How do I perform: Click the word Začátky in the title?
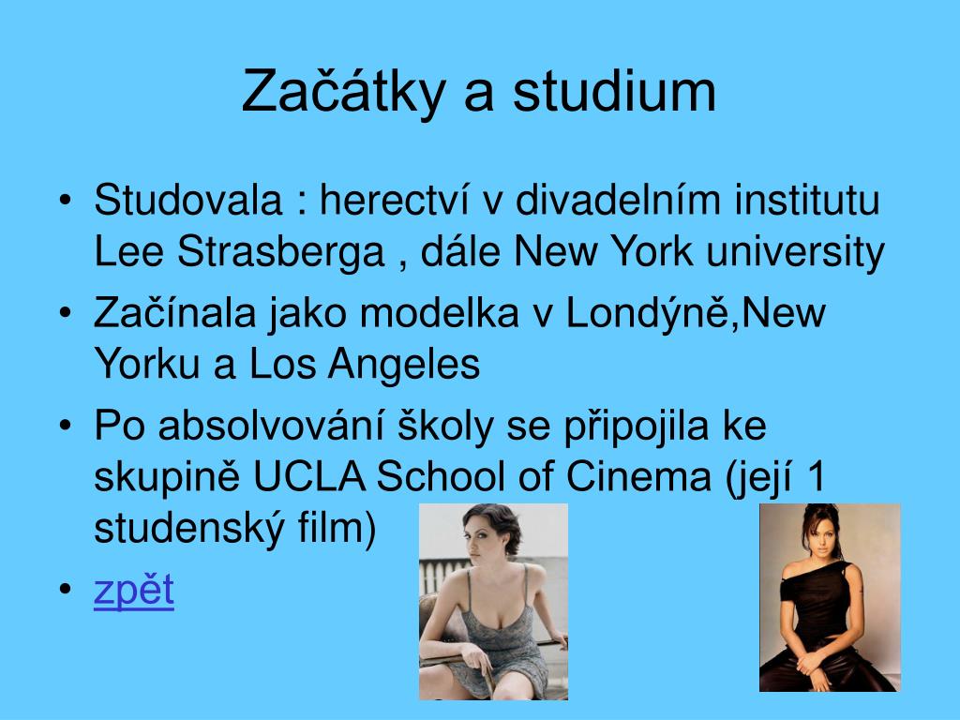pos(343,91)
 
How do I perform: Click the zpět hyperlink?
pos(134,591)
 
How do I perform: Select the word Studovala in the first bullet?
pos(187,200)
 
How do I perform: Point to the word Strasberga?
pos(281,252)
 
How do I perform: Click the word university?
pos(795,252)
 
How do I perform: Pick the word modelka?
pos(439,312)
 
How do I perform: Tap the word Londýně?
pos(650,312)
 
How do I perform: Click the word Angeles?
pos(403,364)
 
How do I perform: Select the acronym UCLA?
pos(309,476)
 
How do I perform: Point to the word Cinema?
pos(638,476)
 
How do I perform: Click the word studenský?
pos(189,528)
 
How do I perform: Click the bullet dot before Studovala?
pos(66,201)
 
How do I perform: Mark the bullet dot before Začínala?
pos(66,313)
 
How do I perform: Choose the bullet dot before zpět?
pos(66,590)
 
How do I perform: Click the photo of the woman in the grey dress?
pos(493,602)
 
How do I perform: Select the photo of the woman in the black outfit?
pos(830,597)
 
